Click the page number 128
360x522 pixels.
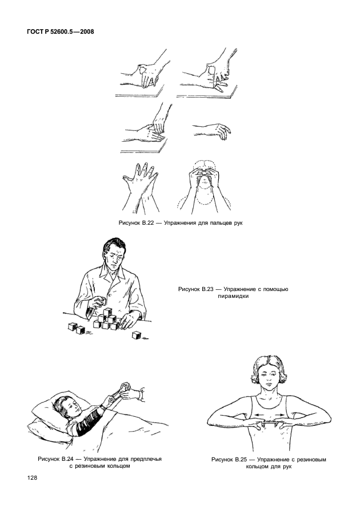coord(32,478)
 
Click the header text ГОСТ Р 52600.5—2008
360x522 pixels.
coord(60,32)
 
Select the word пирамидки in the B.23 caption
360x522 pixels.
coord(233,296)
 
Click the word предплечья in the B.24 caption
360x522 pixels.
coord(145,460)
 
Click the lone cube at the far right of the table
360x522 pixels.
coord(136,336)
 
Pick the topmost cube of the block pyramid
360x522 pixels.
coord(107,312)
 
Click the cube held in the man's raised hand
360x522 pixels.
coord(102,301)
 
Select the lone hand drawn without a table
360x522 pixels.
coord(212,130)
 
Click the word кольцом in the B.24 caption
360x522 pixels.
coord(118,466)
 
